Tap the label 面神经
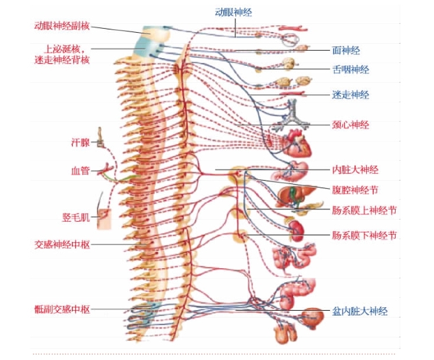click(346, 50)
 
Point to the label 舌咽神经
click(350, 70)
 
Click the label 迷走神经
click(350, 94)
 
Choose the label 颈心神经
click(350, 125)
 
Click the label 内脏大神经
click(355, 169)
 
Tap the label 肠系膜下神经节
click(364, 235)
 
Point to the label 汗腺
click(81, 142)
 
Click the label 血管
click(81, 170)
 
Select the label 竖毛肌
click(76, 218)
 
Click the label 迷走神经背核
click(71, 60)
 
